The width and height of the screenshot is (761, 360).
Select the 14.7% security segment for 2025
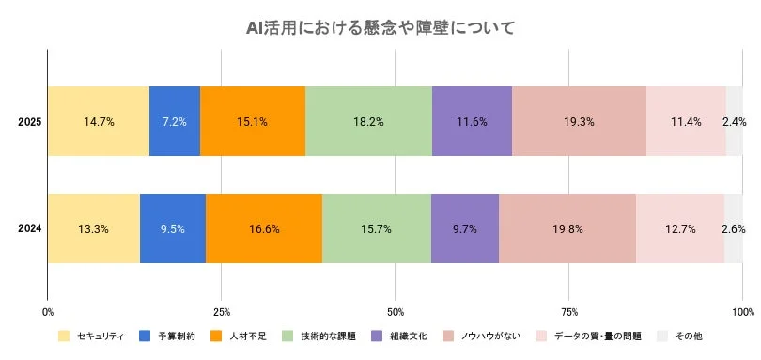99,121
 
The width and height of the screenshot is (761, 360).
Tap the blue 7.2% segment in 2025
175,121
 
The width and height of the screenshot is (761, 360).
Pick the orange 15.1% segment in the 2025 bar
253,121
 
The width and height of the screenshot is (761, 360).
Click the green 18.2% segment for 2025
368,121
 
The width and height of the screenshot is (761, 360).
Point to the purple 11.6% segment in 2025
472,121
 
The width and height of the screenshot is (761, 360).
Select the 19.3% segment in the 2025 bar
579,121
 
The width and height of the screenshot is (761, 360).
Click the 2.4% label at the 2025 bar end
734,121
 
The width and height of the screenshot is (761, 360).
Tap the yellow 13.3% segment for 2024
94,228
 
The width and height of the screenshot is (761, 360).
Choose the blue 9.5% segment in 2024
173,228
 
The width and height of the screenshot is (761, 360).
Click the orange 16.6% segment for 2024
264,228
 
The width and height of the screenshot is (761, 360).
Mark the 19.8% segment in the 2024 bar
567,228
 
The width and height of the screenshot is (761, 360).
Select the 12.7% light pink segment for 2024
680,228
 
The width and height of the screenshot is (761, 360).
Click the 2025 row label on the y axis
28,122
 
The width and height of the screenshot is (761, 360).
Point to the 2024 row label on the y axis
28,229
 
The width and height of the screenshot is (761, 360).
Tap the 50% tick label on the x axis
396,311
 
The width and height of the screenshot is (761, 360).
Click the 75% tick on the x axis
569,311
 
